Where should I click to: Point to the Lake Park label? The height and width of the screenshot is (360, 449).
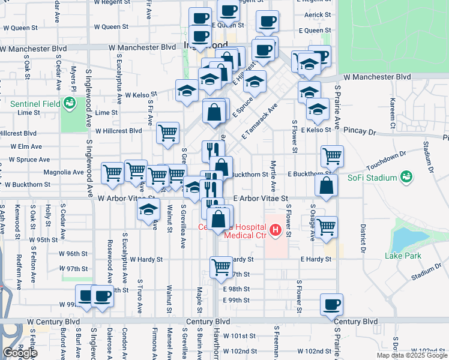pos(403,256)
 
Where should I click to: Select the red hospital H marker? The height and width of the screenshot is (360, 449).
pos(276,229)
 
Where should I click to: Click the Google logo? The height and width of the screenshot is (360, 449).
pos(19,353)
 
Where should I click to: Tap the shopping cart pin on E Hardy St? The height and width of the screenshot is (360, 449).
pos(221,266)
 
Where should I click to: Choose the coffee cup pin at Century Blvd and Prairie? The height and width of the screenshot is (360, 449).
pos(331,304)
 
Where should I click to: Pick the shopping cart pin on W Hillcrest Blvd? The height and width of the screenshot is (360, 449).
pos(167,133)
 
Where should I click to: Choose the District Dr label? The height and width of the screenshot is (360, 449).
pos(363,238)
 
